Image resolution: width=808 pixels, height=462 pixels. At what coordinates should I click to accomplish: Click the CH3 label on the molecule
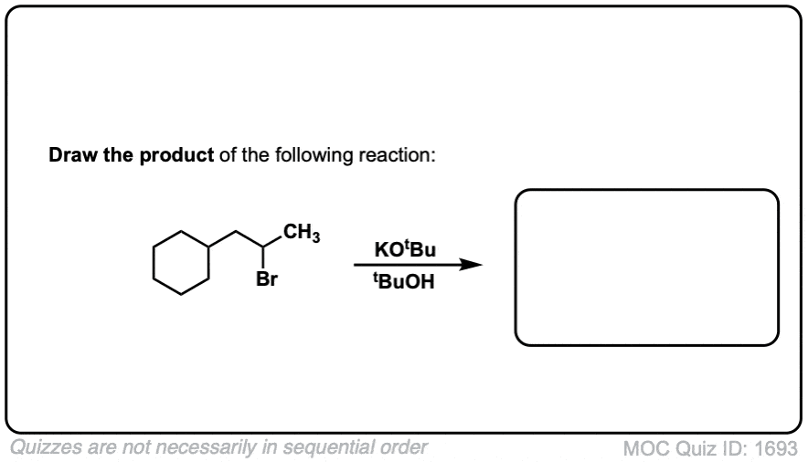pos(302,233)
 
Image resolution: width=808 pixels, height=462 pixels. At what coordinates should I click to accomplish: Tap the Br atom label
pos(266,279)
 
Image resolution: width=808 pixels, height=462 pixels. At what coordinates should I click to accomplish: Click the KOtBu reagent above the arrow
pos(405,249)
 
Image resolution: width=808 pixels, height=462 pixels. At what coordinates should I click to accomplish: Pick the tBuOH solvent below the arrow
pos(404,281)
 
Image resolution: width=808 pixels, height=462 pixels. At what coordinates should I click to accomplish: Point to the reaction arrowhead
pos(470,265)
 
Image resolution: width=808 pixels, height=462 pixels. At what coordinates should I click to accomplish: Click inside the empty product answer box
pos(646,268)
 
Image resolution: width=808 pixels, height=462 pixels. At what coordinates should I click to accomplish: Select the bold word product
pos(176,155)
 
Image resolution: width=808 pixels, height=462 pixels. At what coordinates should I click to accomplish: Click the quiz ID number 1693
pos(776,448)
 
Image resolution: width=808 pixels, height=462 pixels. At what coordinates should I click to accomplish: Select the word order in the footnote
pos(404,447)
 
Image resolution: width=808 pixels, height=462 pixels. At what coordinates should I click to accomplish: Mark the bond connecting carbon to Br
pos(263,257)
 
